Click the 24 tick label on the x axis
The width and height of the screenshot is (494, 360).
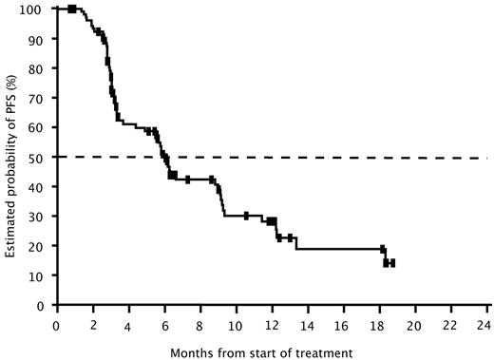[x=487, y=323]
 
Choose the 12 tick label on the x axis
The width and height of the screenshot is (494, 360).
[x=271, y=323]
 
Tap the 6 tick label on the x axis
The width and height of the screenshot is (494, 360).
[x=163, y=323]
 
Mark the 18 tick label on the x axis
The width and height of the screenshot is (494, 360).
[x=379, y=323]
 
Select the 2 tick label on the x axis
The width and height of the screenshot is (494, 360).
[x=91, y=323]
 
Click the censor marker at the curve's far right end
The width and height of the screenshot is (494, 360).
[x=391, y=263]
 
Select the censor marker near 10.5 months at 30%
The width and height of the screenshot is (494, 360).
[x=246, y=216]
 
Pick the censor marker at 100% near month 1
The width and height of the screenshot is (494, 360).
[x=72, y=9]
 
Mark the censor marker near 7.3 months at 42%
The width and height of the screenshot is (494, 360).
[x=188, y=180]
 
